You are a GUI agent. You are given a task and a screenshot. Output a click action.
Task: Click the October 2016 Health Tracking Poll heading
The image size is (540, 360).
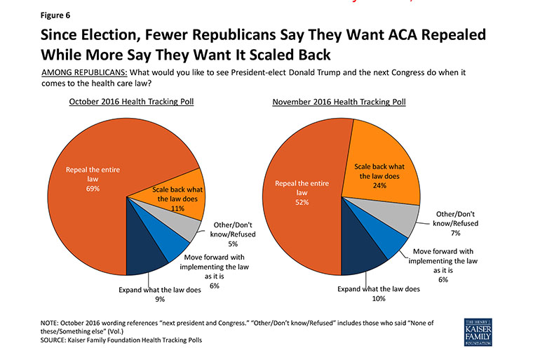(x=131, y=102)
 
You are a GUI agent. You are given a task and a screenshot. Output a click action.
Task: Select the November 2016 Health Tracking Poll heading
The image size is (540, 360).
(x=339, y=102)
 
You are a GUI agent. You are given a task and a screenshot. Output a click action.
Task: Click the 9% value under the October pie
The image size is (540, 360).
(x=160, y=299)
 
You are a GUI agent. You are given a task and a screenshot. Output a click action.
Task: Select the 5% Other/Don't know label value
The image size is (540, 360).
(x=233, y=244)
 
